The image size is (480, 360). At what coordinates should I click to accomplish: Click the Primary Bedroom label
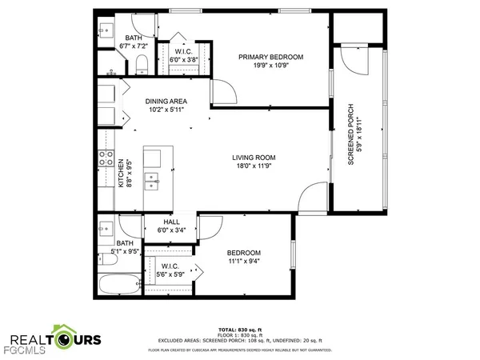[x=272, y=58]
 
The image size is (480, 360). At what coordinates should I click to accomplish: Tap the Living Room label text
[x=254, y=158]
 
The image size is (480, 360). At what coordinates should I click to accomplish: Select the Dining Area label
[x=166, y=102]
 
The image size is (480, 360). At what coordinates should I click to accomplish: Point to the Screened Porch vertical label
[x=350, y=134]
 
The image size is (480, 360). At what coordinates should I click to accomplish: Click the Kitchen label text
[x=122, y=173]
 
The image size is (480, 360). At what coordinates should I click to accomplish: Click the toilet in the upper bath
[x=142, y=62]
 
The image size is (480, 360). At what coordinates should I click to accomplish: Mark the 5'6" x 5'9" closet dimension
[x=170, y=275]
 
